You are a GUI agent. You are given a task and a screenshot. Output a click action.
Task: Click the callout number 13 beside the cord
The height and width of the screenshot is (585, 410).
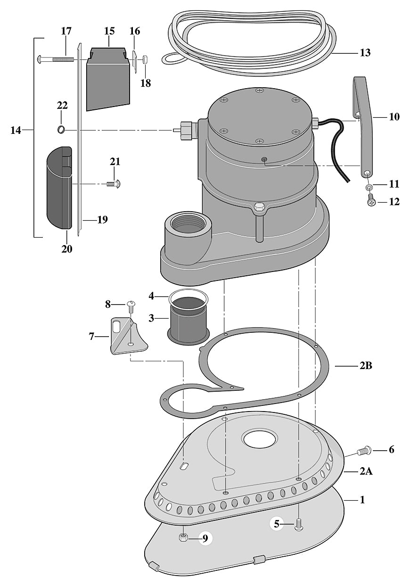click(x=365, y=53)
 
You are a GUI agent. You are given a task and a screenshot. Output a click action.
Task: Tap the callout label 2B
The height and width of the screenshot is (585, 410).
click(x=366, y=365)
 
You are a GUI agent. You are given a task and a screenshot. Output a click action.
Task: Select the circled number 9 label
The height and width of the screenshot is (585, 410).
click(x=205, y=538)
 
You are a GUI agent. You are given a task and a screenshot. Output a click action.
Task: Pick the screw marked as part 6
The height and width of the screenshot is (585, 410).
click(x=364, y=451)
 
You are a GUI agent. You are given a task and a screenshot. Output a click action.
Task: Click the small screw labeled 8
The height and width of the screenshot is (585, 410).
click(x=131, y=306)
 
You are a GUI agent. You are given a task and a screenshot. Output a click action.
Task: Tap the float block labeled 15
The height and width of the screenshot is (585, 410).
click(x=108, y=78)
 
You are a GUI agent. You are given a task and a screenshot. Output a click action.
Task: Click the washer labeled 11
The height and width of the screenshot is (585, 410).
click(x=369, y=188)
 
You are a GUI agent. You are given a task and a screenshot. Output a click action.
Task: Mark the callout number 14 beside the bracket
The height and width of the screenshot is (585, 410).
click(x=16, y=130)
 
